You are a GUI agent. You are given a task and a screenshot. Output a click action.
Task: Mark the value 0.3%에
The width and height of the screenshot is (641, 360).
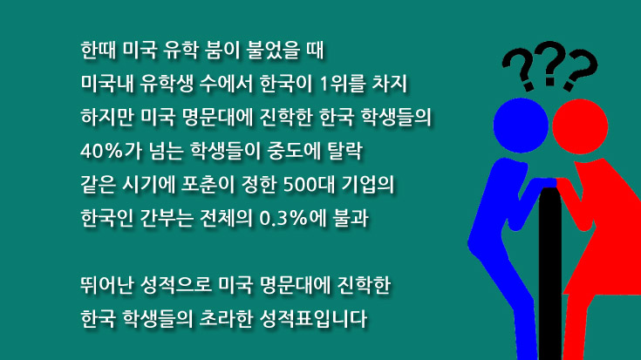[293, 218]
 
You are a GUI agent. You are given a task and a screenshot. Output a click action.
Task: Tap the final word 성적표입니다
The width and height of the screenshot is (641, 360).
[313, 319]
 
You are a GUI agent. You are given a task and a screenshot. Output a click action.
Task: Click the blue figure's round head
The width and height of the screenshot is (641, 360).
[521, 126]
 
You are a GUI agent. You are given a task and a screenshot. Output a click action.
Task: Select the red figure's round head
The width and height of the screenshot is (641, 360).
[580, 126]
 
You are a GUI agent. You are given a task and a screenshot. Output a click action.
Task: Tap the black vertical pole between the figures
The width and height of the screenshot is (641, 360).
[550, 273]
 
